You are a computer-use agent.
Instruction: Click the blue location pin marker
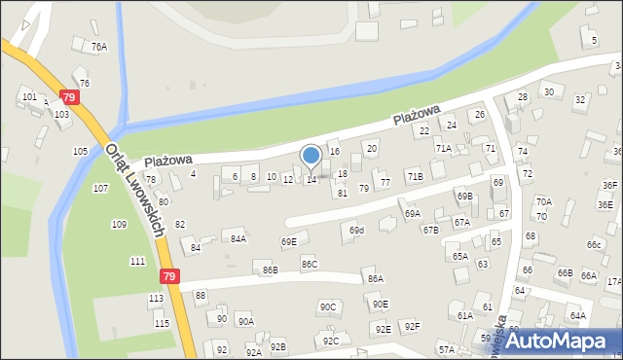point(311,157)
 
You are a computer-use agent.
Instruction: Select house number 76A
point(98,47)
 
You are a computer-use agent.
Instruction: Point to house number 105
point(80,151)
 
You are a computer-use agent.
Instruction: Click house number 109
point(118,225)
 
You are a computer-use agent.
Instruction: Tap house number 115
point(162,323)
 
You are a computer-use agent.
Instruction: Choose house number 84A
point(238,238)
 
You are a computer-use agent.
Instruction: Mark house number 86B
point(269,270)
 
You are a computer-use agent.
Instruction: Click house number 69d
point(357,231)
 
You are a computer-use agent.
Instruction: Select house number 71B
point(415,177)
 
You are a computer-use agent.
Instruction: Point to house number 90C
point(327,307)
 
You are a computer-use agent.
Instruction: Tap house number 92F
point(413,327)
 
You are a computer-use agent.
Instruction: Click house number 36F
point(609,186)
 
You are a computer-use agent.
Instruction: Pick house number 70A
point(543,202)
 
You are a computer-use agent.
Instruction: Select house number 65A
point(459,257)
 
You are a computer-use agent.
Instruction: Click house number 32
point(580,100)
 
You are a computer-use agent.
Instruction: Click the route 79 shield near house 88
point(170,277)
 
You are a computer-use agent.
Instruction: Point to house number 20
point(371,148)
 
